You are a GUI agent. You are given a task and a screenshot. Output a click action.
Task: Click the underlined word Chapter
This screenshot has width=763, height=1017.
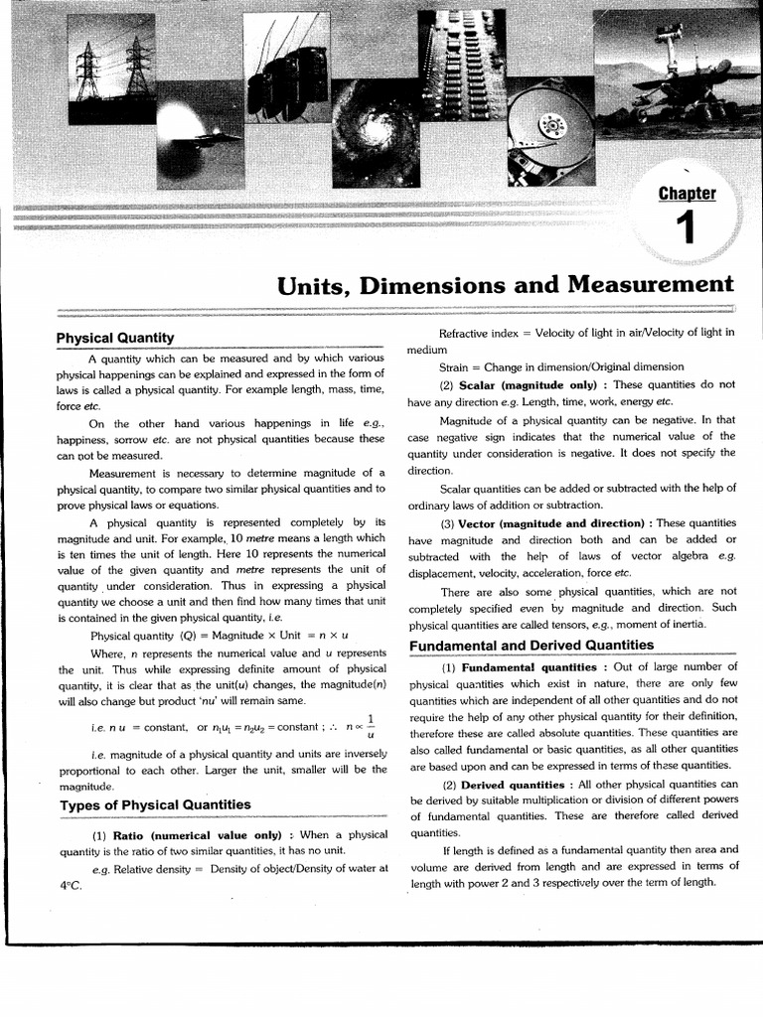coord(686,193)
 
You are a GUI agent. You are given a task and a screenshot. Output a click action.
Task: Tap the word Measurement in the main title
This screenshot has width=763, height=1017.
coord(650,285)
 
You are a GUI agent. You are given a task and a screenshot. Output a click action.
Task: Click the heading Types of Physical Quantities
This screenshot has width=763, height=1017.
coord(155,804)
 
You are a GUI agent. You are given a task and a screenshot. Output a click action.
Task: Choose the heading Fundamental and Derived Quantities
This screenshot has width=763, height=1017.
coord(532,646)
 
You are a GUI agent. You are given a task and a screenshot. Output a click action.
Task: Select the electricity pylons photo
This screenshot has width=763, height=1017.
coord(111,70)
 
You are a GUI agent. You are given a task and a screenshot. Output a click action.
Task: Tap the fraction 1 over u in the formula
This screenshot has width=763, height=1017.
coord(371,726)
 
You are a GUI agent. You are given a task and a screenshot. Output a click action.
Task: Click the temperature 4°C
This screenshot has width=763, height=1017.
coord(70,885)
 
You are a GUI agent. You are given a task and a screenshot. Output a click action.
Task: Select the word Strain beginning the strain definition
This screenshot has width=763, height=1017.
coord(457,367)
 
